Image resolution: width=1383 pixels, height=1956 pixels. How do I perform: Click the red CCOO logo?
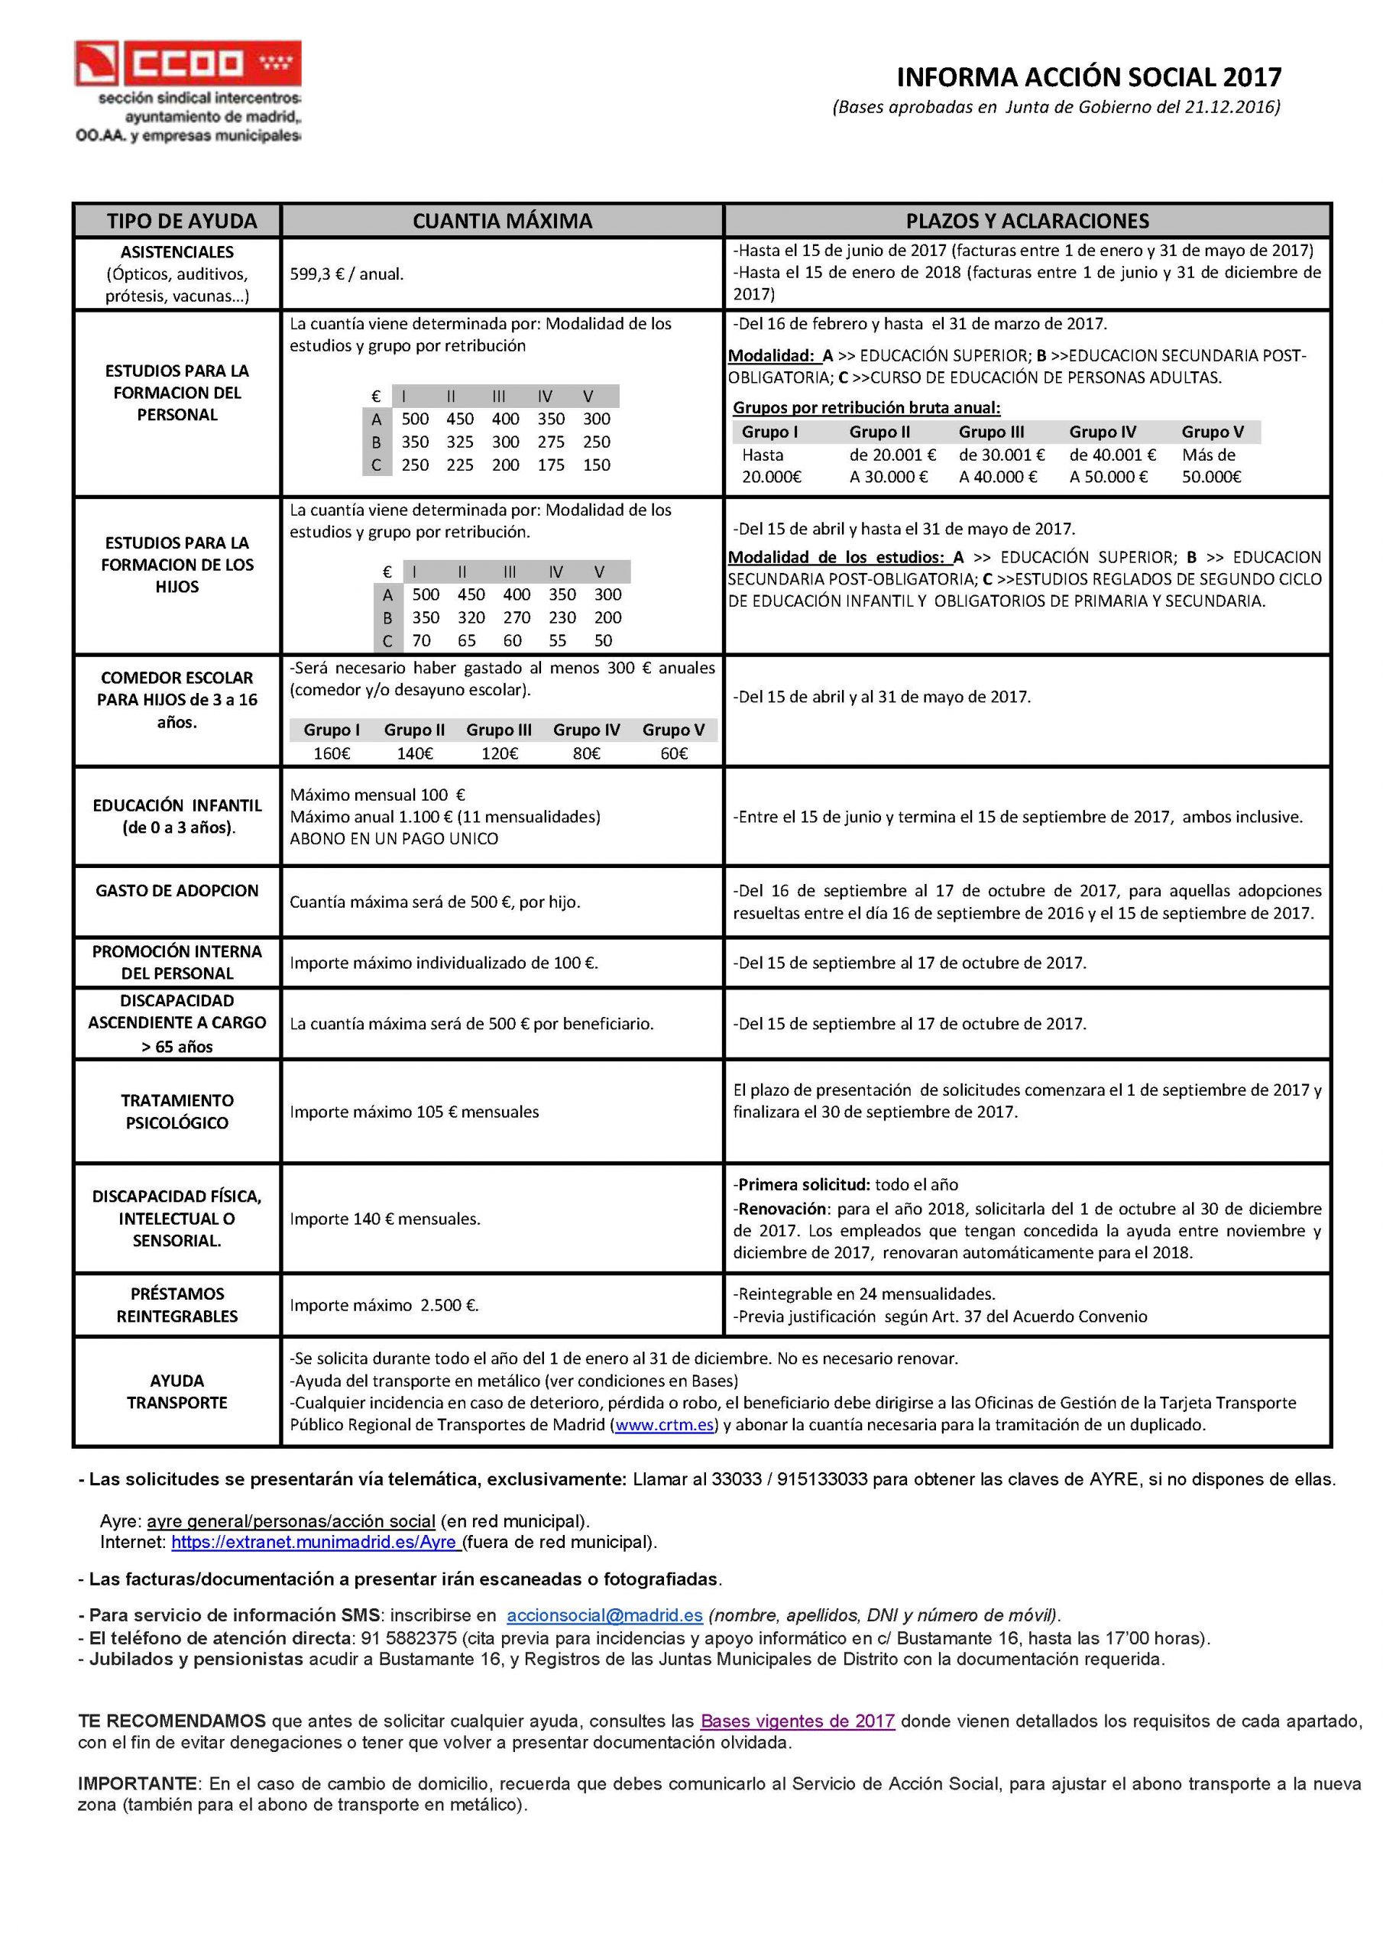coord(187,63)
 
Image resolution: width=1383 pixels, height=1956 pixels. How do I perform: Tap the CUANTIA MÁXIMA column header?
coord(502,222)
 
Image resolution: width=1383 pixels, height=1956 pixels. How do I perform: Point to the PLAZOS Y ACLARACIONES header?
coord(1027,222)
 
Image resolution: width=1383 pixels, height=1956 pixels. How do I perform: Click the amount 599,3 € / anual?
coord(347,274)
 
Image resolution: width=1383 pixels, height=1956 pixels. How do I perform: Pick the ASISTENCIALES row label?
coord(177,252)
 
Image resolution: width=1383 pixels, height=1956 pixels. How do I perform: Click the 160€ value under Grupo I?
coord(332,753)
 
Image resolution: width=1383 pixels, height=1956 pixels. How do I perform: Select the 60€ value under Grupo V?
coord(674,753)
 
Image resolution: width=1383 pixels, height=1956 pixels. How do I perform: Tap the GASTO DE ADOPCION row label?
coord(177,890)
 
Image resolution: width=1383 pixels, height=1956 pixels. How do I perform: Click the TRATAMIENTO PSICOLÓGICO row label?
coord(177,1111)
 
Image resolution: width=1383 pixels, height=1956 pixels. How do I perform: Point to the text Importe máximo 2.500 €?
coord(384,1305)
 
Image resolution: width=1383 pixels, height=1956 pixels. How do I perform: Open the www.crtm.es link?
coord(664,1424)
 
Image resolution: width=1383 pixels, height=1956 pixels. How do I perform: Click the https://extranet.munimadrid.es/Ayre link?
coord(316,1542)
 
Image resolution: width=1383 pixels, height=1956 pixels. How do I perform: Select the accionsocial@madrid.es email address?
coord(604,1615)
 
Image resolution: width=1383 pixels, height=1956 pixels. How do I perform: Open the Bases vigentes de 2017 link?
coord(797,1721)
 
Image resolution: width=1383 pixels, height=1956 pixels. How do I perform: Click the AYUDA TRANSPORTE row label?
coord(177,1391)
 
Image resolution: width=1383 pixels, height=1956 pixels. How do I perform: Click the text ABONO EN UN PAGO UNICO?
coord(394,838)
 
